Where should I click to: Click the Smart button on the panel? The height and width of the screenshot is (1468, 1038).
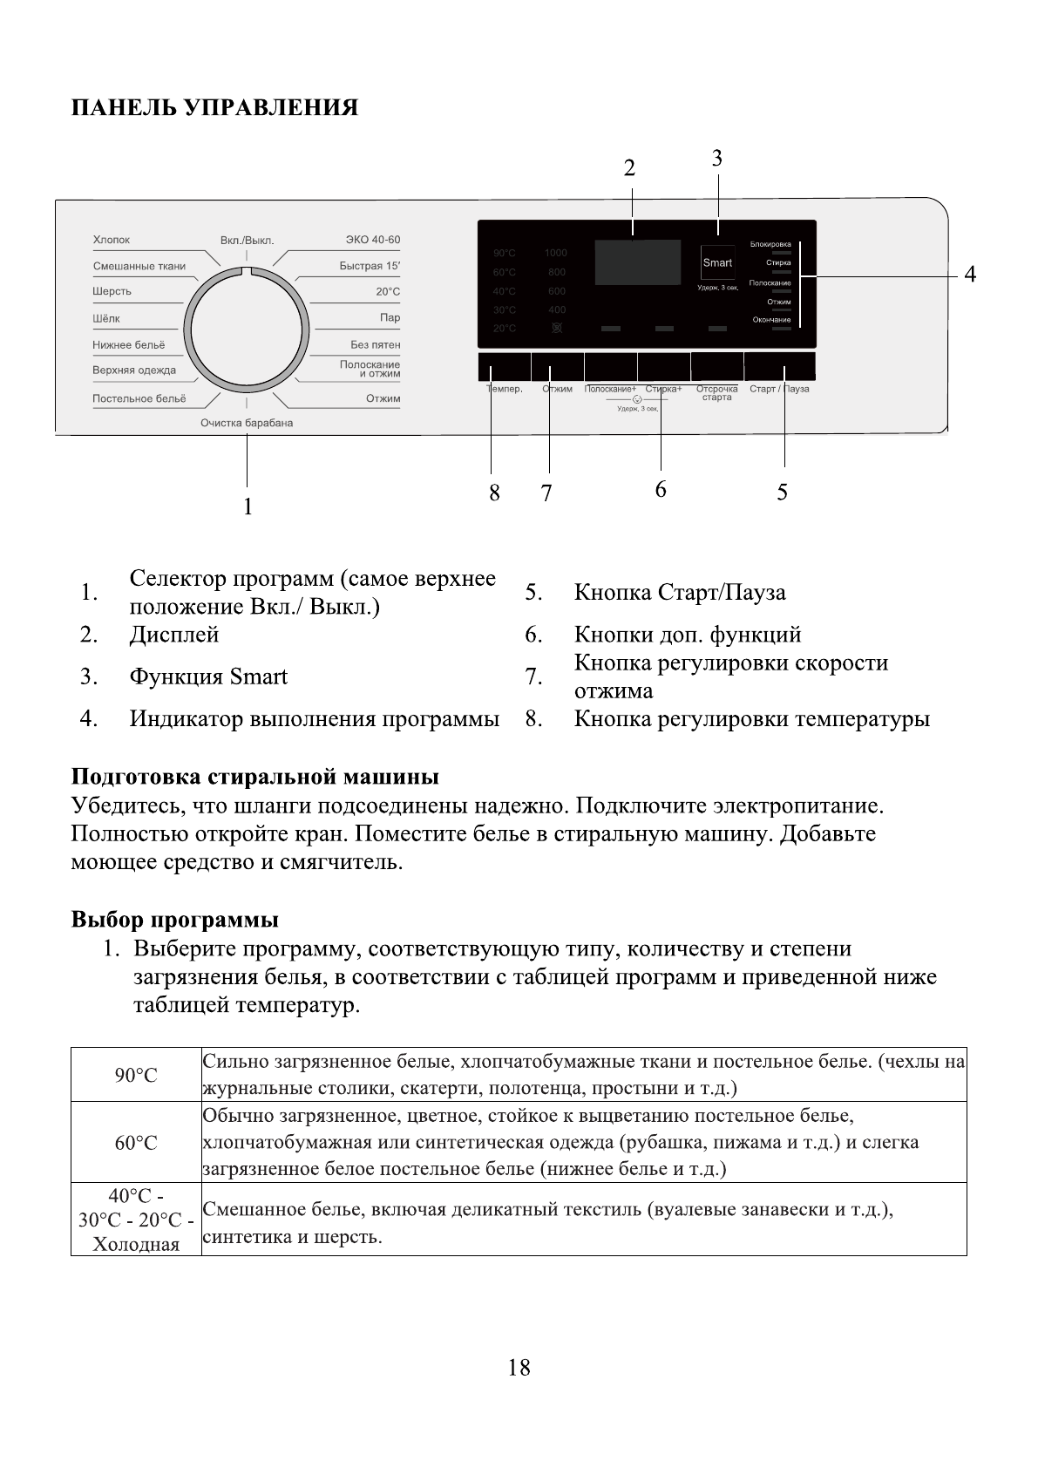[717, 262]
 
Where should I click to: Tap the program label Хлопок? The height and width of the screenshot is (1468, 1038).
[111, 240]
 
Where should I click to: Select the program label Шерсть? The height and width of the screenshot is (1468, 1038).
[112, 291]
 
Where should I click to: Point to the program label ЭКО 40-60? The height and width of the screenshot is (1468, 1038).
[373, 240]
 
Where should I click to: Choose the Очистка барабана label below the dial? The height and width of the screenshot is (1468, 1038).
[247, 423]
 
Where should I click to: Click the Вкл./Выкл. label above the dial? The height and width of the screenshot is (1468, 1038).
[247, 241]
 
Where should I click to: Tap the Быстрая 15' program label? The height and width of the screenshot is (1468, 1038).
[370, 266]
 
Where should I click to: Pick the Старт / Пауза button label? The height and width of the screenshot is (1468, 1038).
[779, 389]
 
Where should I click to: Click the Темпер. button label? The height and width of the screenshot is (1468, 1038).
[505, 389]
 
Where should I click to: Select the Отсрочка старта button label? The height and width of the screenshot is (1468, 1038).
[716, 393]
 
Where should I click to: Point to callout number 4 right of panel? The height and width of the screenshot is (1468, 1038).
[969, 275]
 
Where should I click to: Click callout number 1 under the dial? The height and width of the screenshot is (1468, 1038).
[248, 506]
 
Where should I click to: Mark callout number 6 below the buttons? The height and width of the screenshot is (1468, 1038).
[661, 490]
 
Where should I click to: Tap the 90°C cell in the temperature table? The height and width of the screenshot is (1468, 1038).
[136, 1076]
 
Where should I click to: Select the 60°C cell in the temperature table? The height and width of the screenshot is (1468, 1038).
[136, 1143]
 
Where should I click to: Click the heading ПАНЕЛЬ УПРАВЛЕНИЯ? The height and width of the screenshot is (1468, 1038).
[214, 108]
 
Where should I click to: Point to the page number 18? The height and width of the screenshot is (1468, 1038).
[519, 1368]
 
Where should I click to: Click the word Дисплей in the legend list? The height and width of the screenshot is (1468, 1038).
[174, 635]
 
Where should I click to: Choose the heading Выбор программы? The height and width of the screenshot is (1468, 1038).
[174, 920]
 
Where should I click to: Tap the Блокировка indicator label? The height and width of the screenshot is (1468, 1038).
[770, 244]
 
